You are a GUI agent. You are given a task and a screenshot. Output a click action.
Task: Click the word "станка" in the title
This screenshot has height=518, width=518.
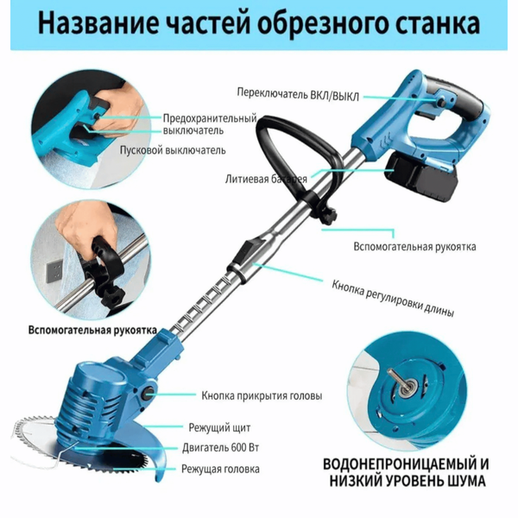(x=438, y=23)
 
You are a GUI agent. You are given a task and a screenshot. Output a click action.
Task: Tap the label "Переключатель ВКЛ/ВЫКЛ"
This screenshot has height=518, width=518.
(x=298, y=94)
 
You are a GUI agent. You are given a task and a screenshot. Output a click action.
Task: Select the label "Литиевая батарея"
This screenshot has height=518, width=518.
(x=266, y=179)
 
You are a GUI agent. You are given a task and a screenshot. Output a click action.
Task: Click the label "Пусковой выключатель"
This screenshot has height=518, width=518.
(x=173, y=150)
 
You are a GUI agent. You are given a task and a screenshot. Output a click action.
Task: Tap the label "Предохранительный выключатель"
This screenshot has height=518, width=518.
(x=210, y=124)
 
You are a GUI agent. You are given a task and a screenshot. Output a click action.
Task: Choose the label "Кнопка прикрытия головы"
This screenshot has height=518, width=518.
(x=262, y=395)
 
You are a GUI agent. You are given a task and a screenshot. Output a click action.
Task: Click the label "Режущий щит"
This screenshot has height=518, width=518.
(x=219, y=427)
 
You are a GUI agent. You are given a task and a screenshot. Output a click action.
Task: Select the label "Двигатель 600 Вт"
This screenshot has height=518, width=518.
(x=220, y=448)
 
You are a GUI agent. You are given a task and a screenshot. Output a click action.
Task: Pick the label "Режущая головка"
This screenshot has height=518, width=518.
(x=220, y=469)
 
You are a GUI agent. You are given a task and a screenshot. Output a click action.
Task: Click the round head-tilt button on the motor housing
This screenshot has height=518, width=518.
(x=148, y=393)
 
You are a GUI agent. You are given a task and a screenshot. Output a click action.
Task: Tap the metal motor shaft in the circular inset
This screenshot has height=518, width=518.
(x=397, y=379)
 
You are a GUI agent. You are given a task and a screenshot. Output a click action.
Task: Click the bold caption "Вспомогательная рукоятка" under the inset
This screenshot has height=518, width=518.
(x=92, y=331)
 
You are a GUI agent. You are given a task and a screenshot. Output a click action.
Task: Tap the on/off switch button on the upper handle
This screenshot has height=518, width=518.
(x=442, y=98)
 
